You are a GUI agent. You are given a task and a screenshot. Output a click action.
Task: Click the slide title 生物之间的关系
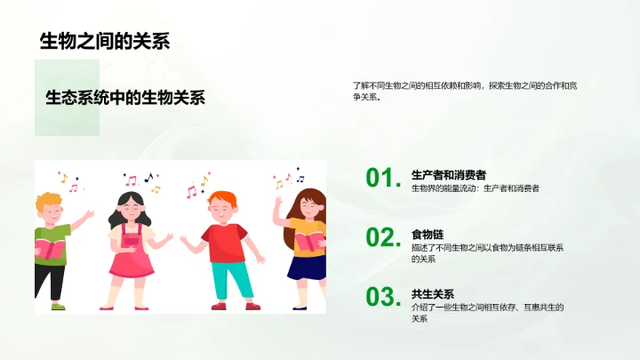[x=105, y=41]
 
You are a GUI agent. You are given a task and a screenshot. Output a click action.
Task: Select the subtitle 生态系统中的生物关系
[x=124, y=98]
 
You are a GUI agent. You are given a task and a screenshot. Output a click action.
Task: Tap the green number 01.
[x=380, y=179]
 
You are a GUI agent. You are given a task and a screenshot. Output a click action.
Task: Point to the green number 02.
[x=380, y=237]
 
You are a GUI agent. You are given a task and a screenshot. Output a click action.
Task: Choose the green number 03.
[x=380, y=297]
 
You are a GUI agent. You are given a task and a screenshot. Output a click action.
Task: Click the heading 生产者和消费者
[x=448, y=174]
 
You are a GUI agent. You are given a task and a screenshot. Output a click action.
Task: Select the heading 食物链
[x=427, y=234]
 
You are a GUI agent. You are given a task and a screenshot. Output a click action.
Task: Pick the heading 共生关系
[x=433, y=293]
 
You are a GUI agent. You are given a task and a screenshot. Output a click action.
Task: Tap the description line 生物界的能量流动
[x=475, y=188]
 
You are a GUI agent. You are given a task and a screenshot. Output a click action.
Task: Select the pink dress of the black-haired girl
[x=131, y=252]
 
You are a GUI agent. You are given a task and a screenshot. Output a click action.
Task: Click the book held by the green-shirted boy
[x=52, y=250]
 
